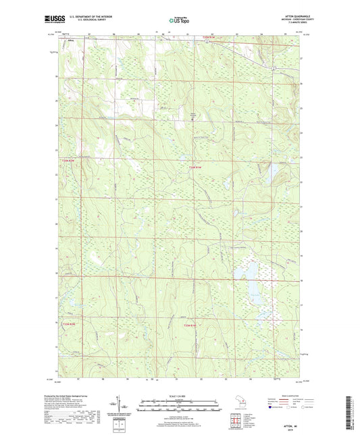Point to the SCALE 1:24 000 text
coord(179,396)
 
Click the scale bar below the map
coord(179,407)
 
